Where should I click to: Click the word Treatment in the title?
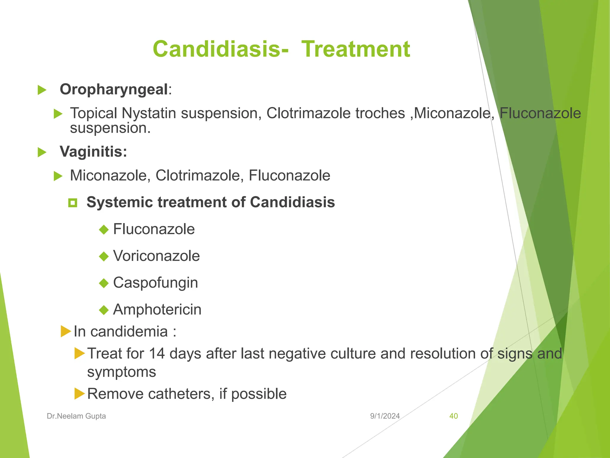356,49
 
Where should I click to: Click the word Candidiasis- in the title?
220,49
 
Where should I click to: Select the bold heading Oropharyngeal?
114,89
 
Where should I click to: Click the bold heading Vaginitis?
93,151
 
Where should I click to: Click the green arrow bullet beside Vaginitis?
42,152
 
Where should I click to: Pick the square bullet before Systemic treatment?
73,203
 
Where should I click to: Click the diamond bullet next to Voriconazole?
104,256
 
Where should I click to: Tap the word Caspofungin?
155,283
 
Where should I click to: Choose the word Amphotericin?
157,310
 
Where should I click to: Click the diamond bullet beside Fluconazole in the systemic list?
104,230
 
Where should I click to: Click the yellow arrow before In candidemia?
66,331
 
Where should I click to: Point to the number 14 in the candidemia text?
157,354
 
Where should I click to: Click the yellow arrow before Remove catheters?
80,394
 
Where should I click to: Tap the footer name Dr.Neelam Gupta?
76,416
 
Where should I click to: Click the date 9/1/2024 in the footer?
385,416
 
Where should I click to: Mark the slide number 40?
453,416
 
